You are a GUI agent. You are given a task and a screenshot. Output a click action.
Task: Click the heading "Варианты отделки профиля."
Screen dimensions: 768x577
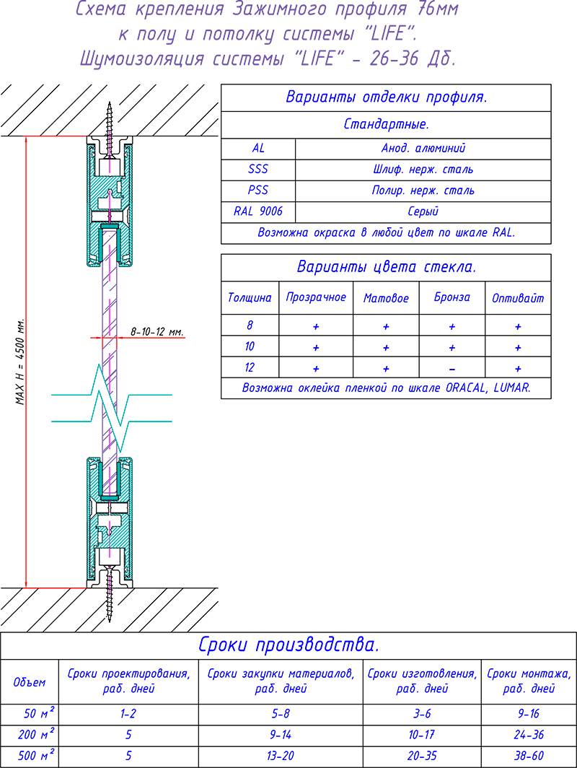(386, 97)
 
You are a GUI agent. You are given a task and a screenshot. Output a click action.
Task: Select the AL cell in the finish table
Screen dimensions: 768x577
(258, 148)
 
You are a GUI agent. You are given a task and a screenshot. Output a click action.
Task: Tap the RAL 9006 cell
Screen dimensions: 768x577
(258, 211)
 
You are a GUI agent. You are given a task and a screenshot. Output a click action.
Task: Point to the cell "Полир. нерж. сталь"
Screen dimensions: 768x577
(423, 191)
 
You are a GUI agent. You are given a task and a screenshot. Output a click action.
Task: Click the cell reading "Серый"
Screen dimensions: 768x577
(423, 211)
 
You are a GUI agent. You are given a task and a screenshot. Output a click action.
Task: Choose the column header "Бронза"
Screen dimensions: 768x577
(452, 297)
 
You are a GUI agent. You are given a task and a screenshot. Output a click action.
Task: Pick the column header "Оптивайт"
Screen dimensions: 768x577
(518, 297)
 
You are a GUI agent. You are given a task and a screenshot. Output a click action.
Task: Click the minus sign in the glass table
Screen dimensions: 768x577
(452, 367)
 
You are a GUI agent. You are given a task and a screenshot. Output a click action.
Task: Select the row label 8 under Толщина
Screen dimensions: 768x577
(250, 326)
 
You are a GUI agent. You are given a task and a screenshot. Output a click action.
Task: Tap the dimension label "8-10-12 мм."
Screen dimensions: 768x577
(157, 332)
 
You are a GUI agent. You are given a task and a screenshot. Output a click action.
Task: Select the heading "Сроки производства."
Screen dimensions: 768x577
(288, 644)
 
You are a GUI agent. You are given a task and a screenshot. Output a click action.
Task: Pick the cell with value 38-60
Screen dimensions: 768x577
(529, 756)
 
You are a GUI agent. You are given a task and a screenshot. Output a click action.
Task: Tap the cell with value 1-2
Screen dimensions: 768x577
(128, 715)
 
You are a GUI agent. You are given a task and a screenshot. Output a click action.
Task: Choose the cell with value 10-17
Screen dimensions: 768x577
(422, 736)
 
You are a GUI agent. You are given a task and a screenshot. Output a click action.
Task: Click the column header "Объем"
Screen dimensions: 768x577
(30, 681)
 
